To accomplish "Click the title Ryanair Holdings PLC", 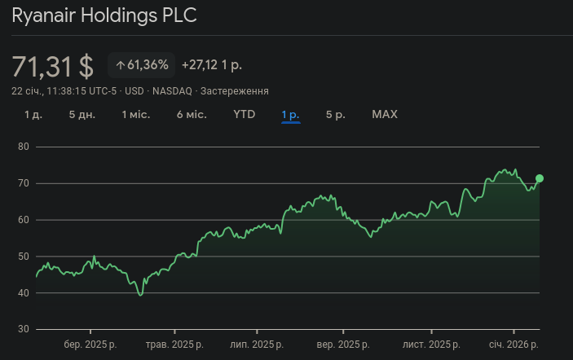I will point(104,16).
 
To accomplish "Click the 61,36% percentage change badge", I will point(142,65).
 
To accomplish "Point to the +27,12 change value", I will point(211,65).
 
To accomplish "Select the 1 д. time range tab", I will point(33,114).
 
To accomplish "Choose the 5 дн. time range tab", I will point(82,114).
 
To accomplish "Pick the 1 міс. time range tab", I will point(136,114).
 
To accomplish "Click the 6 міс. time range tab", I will point(192,114).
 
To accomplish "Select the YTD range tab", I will point(245,114).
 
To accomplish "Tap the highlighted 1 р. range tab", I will point(291,114).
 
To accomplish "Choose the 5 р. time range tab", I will point(336,114).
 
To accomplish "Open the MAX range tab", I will point(385,114).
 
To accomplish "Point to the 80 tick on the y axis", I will point(24,147).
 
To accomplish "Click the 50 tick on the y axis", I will point(24,257).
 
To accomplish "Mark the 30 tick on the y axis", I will point(24,329).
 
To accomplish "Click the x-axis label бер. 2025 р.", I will point(90,345).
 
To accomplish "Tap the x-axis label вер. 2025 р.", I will point(343,345).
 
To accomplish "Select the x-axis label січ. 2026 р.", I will point(513,345).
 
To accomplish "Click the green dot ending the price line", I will point(540,178).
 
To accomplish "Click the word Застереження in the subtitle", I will point(235,91).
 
